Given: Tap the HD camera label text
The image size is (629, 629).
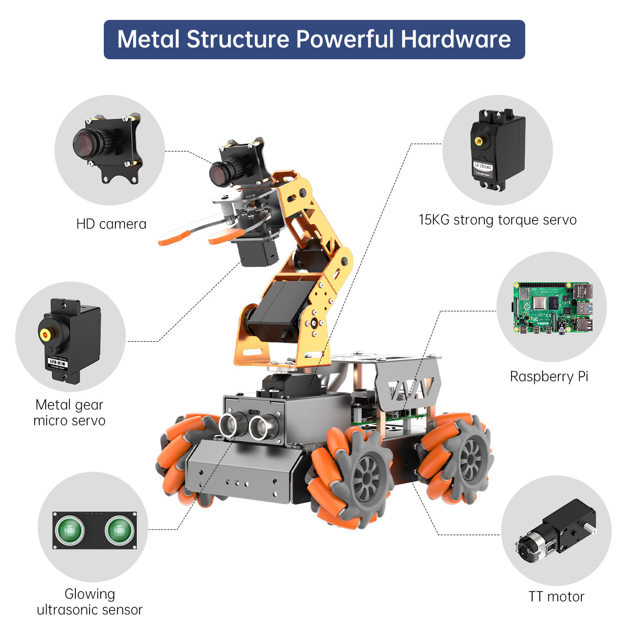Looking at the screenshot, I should [111, 224].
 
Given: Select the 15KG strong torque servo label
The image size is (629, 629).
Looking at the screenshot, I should [497, 220].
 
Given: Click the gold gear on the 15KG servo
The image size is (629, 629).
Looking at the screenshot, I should [479, 140].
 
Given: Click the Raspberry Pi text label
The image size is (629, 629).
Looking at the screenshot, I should [549, 376].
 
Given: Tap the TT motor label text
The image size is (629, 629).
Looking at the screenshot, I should [556, 597].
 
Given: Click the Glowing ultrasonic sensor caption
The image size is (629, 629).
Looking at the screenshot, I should [90, 602].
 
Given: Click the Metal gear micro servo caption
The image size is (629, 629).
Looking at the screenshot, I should [69, 413].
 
